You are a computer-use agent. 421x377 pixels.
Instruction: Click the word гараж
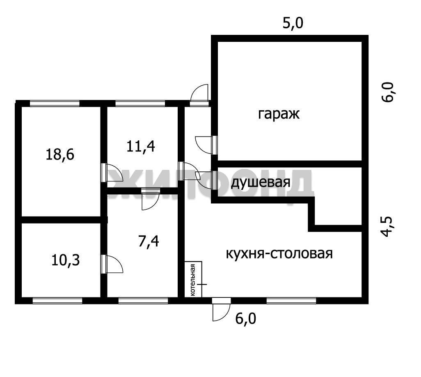[279, 114]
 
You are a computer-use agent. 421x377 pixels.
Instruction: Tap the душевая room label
[261, 182]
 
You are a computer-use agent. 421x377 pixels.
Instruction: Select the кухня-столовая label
[279, 254]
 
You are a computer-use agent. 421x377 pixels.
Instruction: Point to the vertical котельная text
[192, 280]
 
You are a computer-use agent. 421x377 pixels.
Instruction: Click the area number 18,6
[60, 155]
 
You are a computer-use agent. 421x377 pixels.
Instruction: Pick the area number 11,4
[140, 147]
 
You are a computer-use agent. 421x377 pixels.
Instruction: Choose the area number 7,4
[149, 241]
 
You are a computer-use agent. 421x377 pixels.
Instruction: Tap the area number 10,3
[66, 260]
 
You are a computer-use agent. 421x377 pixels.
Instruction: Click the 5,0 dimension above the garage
[293, 23]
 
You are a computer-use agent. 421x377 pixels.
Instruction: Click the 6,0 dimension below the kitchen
[246, 319]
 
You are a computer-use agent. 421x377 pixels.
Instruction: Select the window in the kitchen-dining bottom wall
[291, 300]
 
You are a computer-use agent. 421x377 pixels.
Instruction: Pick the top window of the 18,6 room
[55, 103]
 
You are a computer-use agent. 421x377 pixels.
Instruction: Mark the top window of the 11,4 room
[140, 103]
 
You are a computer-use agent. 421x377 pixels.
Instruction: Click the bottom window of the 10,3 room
[57, 300]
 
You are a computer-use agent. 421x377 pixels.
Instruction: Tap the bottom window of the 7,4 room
[143, 300]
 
